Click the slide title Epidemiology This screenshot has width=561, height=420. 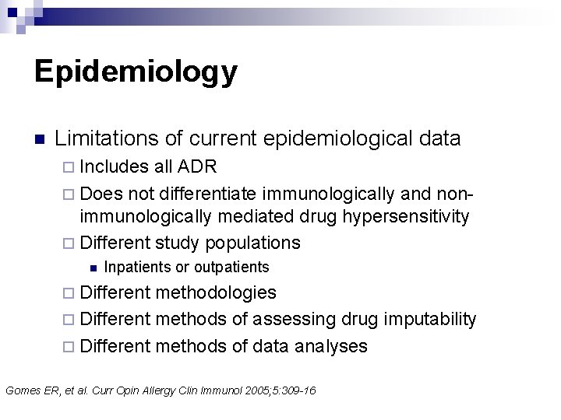(136, 72)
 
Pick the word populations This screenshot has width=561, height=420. (252, 243)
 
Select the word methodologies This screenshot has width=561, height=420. (216, 292)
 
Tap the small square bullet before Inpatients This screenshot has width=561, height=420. (93, 268)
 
